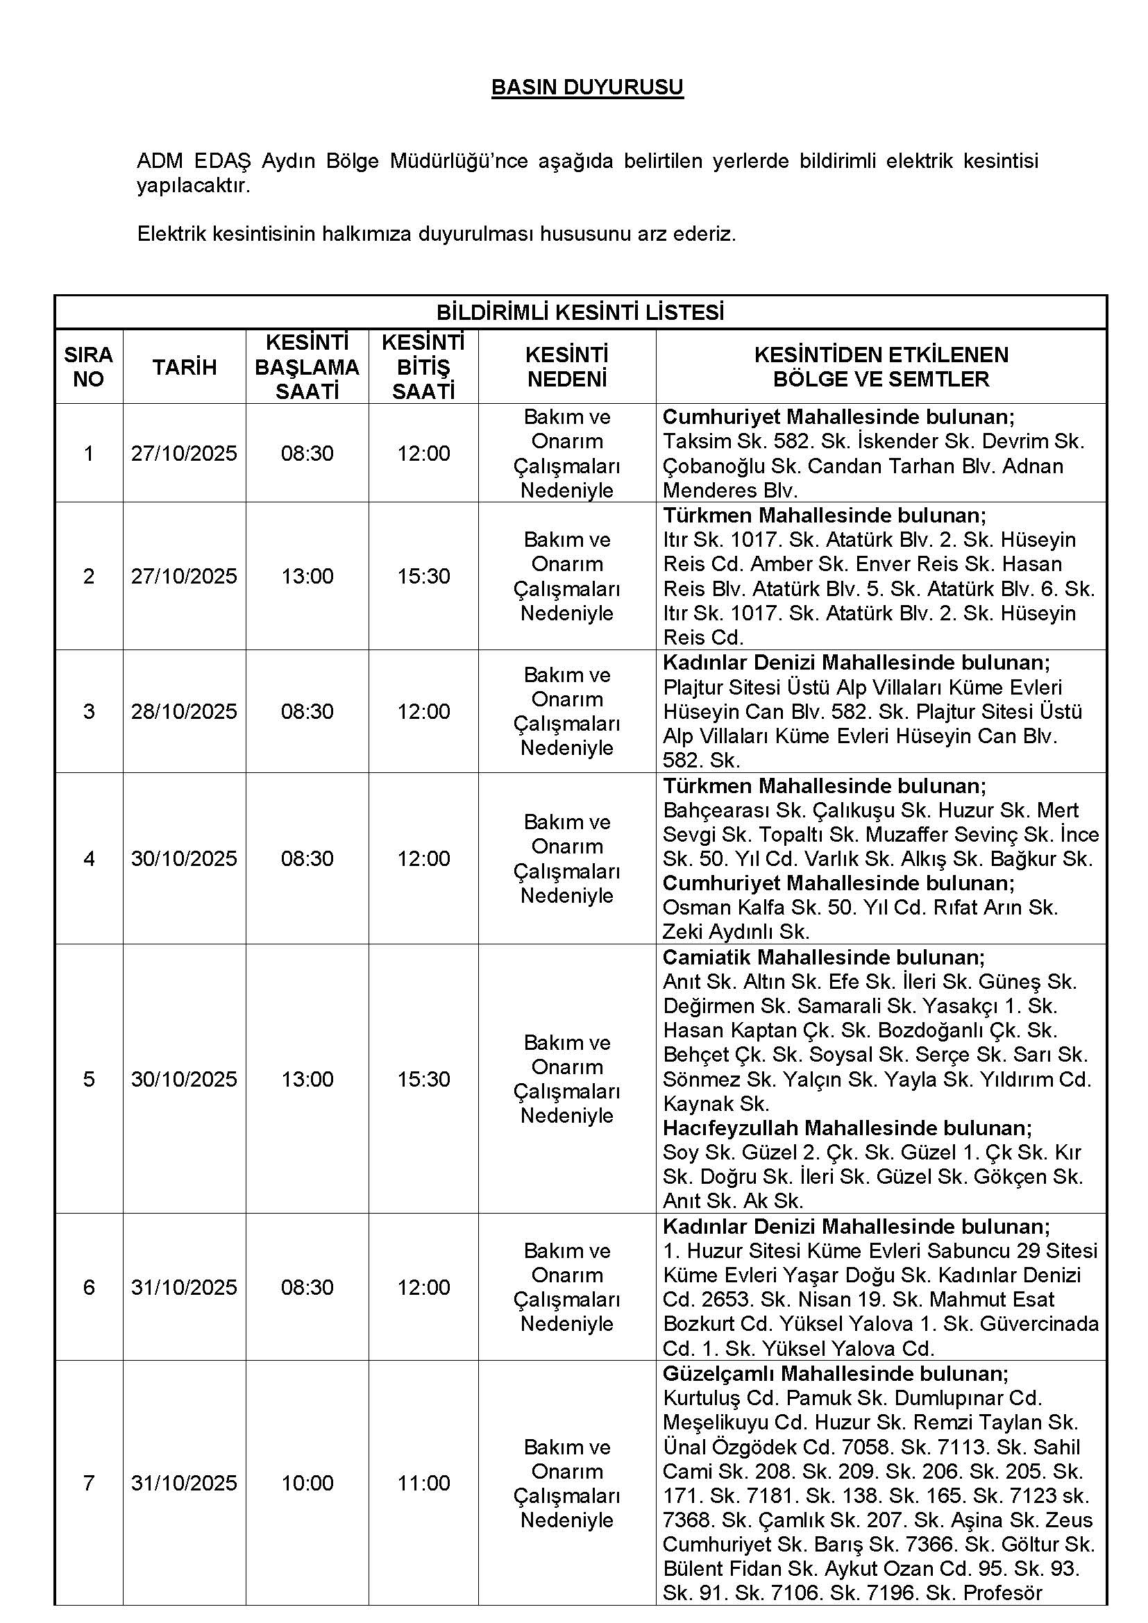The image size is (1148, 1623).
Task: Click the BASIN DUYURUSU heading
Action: pyautogui.click(x=586, y=87)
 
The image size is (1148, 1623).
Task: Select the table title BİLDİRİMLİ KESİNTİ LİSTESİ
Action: pyautogui.click(x=580, y=312)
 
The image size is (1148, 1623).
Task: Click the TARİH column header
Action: pyautogui.click(x=184, y=367)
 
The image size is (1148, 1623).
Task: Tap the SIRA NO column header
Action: pyautogui.click(x=88, y=367)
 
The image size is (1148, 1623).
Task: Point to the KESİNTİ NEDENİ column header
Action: pyautogui.click(x=567, y=367)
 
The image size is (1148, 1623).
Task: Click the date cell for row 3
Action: pyautogui.click(x=184, y=711)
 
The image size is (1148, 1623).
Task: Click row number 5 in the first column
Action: pyautogui.click(x=88, y=1079)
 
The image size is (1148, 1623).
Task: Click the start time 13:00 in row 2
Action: pyautogui.click(x=307, y=576)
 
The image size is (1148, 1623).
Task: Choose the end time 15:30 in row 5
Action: pyautogui.click(x=423, y=1079)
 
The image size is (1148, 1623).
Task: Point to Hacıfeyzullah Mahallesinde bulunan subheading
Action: pyautogui.click(x=847, y=1128)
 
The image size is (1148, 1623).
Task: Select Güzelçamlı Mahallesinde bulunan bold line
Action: pyautogui.click(x=835, y=1373)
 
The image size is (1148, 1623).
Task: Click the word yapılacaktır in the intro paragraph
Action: pyautogui.click(x=193, y=187)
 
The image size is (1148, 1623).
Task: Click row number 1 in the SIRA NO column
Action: pyautogui.click(x=88, y=453)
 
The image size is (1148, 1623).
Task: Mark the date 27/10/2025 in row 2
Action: pyautogui.click(x=184, y=576)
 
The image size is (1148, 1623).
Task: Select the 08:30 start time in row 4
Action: pyautogui.click(x=307, y=858)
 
